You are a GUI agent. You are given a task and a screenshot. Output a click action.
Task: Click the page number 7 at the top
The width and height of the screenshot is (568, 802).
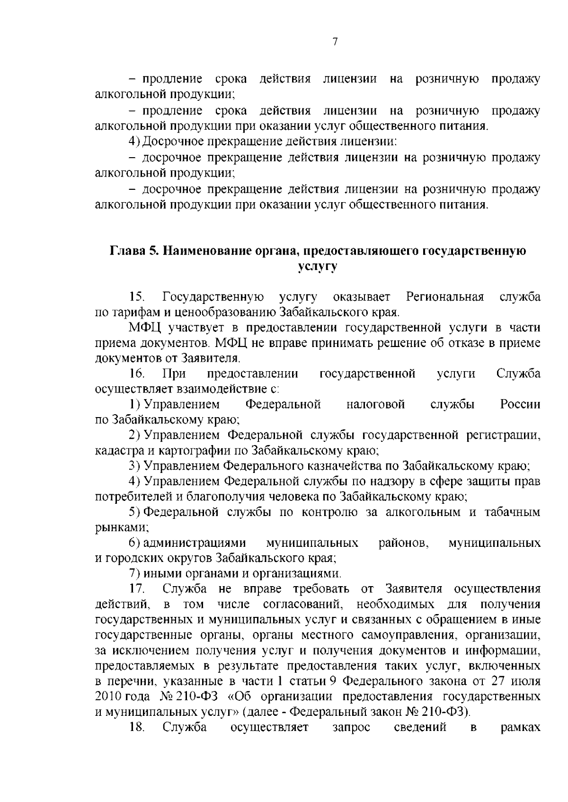click(335, 42)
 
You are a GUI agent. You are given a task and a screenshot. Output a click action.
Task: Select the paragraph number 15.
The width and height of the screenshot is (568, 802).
click(137, 297)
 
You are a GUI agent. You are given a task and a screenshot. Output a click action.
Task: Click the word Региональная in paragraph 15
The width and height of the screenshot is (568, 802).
click(445, 297)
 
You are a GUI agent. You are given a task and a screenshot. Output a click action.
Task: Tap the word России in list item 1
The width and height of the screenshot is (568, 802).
click(520, 404)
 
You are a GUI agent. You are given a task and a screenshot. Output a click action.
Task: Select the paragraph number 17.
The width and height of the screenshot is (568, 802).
click(137, 589)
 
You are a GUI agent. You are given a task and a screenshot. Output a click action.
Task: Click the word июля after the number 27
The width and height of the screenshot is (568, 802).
click(526, 681)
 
